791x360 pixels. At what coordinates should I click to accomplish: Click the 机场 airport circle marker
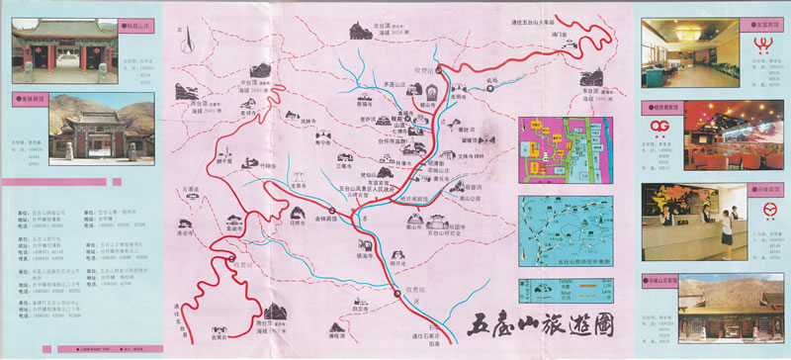tap(488, 89)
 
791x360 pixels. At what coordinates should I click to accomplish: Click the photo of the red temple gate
tap(49, 51)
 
